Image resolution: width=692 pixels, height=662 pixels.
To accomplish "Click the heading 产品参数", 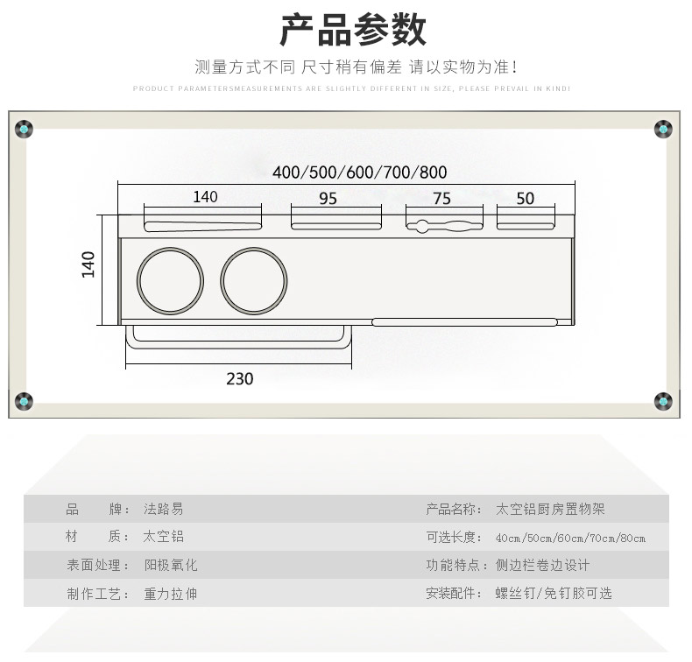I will [353, 30].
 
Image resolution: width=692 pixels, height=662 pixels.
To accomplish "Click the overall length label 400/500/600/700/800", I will [359, 172].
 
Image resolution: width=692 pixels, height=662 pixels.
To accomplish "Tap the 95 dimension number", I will [328, 199].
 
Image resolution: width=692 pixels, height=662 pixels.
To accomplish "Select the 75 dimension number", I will [441, 199].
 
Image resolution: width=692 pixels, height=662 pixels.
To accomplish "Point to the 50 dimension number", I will [525, 199].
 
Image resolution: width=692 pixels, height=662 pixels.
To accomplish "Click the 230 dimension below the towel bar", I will [239, 379].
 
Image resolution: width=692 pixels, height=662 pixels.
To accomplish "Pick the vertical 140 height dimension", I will [88, 264].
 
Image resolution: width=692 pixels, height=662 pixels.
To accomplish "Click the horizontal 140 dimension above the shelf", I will [205, 197].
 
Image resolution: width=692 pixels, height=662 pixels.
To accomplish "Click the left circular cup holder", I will [171, 280].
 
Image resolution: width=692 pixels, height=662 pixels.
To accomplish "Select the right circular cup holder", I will [253, 280].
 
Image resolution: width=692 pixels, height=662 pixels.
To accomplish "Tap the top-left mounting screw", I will [25, 130].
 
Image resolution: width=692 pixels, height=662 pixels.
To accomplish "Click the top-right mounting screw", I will [663, 130].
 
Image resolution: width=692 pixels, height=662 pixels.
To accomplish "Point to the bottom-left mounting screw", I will [25, 401].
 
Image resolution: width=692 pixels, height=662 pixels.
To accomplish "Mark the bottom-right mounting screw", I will [663, 401].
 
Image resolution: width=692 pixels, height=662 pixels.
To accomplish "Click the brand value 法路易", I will [164, 509].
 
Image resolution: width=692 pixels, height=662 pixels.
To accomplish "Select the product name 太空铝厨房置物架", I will [550, 509].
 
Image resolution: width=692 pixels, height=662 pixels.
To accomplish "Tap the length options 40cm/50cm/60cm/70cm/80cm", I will [570, 538].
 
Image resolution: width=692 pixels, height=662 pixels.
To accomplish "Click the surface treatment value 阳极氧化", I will [171, 566].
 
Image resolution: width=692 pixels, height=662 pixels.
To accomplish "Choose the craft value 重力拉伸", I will [171, 594].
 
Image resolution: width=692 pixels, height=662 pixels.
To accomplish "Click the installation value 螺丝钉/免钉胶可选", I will [554, 594].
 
